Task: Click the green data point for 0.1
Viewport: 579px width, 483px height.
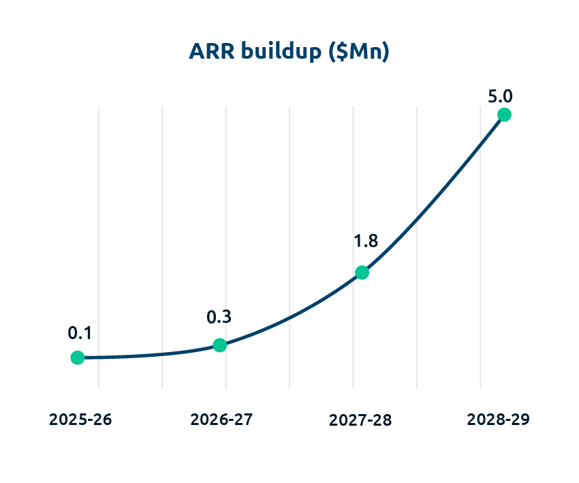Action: (78, 357)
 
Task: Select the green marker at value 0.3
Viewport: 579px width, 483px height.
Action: (219, 345)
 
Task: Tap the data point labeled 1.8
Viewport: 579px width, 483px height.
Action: (362, 273)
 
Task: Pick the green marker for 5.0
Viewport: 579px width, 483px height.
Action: (504, 115)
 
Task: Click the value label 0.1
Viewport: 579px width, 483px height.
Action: (80, 333)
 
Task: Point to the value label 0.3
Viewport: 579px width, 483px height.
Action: (219, 317)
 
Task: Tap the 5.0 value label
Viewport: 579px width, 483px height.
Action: (501, 96)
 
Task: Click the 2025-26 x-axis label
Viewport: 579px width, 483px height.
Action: (80, 419)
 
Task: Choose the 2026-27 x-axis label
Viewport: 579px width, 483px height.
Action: (222, 419)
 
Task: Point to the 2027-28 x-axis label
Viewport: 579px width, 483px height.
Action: (360, 420)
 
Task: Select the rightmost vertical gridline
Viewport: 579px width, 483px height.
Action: (480, 273)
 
